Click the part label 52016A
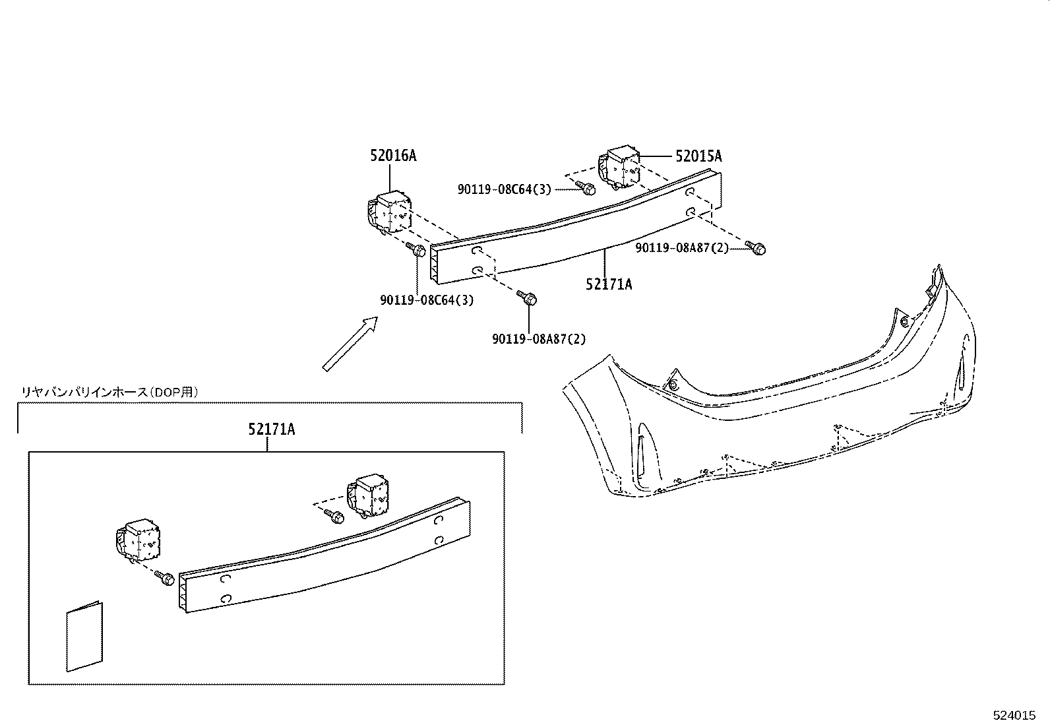tap(393, 156)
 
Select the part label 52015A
tap(698, 156)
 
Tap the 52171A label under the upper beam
tap(609, 284)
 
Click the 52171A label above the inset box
tap(272, 429)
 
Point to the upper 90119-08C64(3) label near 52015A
tap(505, 189)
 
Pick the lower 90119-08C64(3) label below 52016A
tap(427, 300)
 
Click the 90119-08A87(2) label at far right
tap(682, 248)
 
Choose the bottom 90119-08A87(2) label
tap(539, 339)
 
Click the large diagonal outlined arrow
tap(350, 344)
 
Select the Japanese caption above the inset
tap(109, 392)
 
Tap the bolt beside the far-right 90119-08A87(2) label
tap(757, 248)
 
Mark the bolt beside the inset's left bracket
tap(164, 579)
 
